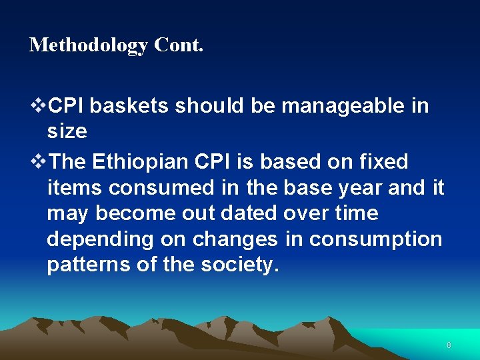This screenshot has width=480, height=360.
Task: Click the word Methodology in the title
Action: [89, 45]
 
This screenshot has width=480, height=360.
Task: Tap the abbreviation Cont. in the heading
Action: [179, 45]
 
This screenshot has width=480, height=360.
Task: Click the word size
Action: [67, 131]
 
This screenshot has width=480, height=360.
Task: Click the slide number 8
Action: [449, 345]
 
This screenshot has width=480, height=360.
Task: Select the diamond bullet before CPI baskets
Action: [39, 105]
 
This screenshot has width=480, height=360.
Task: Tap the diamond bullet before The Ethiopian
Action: [39, 161]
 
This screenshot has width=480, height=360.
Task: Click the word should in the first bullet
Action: [206, 105]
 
